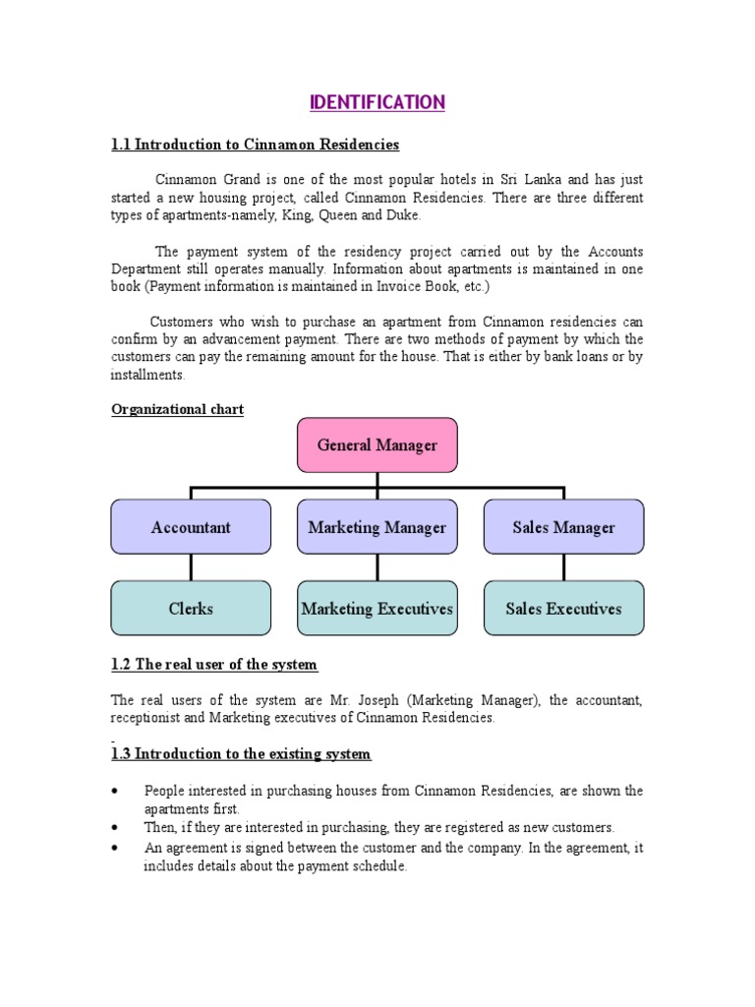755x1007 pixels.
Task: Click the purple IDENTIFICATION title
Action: tap(377, 102)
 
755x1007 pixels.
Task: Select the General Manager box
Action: tap(377, 444)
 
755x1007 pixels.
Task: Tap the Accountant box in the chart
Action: tap(191, 527)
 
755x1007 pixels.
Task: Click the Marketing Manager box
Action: tap(377, 527)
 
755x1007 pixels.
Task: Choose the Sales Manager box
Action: tap(563, 527)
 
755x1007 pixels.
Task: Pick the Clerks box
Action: tap(191, 608)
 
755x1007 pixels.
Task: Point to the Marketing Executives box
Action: tap(377, 608)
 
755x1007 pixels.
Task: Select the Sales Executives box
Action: tap(563, 608)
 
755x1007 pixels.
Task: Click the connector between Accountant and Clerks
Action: tap(191, 567)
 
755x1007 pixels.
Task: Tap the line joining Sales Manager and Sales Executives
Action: tap(563, 567)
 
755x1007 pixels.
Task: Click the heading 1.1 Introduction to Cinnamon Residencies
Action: tap(256, 145)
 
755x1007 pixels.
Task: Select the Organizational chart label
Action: tap(177, 409)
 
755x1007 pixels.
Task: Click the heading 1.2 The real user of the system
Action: tap(214, 665)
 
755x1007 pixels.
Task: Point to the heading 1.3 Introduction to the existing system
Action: tap(241, 754)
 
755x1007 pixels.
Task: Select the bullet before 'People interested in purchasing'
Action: tap(116, 791)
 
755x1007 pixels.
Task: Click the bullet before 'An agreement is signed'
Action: tap(116, 848)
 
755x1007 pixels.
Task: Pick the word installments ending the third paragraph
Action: tap(146, 375)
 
